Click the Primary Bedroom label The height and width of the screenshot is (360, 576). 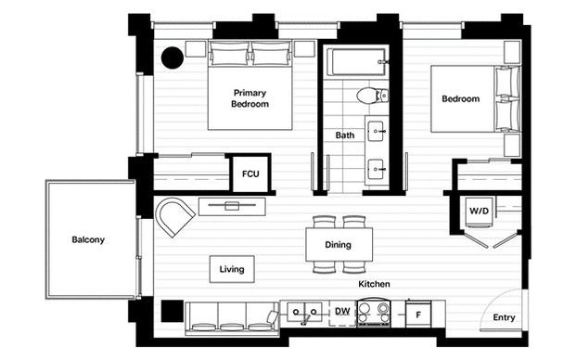[250, 98]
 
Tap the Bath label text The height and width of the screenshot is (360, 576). [344, 135]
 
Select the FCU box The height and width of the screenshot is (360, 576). [250, 174]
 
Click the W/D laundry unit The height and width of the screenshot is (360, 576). [479, 212]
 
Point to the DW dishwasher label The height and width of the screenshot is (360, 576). [342, 312]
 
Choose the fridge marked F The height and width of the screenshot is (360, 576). [417, 315]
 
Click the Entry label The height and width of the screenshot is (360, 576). [504, 317]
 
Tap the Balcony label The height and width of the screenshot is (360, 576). [88, 240]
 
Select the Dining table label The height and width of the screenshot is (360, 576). [339, 246]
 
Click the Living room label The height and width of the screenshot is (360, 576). [232, 270]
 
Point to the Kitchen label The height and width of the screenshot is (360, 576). [374, 284]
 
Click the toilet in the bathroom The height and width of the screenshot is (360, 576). [368, 95]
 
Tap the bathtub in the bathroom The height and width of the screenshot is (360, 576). [356, 65]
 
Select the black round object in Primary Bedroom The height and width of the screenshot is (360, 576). [172, 58]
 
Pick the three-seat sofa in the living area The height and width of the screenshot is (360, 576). [226, 318]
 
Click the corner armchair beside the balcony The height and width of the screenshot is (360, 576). [173, 217]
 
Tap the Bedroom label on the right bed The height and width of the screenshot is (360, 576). [460, 99]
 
